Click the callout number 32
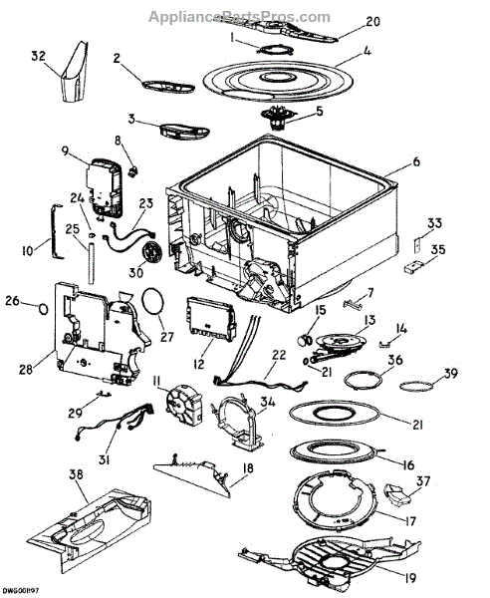(x=38, y=57)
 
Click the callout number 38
(x=77, y=474)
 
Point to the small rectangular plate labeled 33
(x=418, y=244)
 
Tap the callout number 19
(x=410, y=578)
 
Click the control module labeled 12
(x=210, y=320)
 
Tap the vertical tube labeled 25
(x=91, y=264)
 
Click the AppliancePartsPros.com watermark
(x=239, y=17)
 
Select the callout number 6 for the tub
(x=416, y=161)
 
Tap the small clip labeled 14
(x=385, y=345)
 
